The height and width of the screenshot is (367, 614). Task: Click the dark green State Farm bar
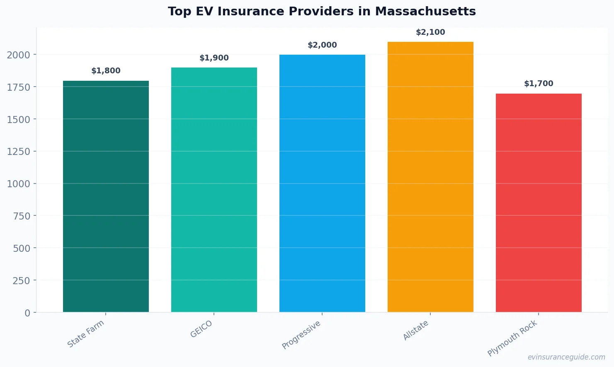(106, 196)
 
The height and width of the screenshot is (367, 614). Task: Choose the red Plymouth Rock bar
(539, 203)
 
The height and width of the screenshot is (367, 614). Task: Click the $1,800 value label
(106, 71)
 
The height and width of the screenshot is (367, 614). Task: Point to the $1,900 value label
(214, 58)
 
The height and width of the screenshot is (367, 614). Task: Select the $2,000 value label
(322, 45)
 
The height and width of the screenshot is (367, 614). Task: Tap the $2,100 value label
(430, 32)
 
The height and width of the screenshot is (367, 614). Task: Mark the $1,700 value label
(539, 84)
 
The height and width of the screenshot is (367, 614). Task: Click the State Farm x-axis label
(86, 334)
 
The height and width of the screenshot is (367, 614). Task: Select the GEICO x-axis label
(201, 329)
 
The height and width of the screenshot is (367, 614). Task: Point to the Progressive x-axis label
(301, 335)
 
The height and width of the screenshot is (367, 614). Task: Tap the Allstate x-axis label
(416, 331)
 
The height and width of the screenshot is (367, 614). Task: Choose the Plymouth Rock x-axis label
(512, 338)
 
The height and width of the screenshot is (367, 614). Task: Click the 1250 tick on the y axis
(19, 152)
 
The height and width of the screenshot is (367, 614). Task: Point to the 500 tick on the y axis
(22, 249)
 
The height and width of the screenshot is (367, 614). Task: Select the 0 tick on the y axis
(27, 313)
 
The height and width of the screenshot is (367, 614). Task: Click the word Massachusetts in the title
(425, 11)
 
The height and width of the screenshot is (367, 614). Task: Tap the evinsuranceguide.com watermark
(566, 357)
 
